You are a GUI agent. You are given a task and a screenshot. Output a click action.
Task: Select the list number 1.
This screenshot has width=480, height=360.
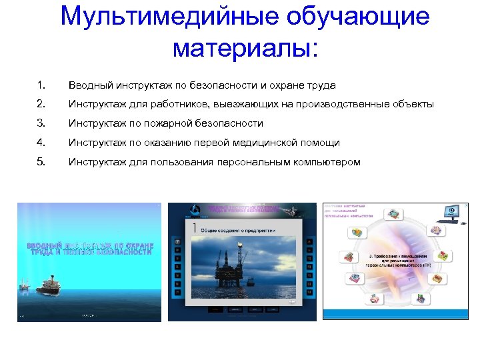tap(41, 85)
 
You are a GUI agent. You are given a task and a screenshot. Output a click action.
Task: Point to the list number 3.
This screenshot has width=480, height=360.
tap(41, 123)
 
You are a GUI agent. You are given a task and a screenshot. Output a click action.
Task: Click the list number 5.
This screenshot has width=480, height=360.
tap(41, 161)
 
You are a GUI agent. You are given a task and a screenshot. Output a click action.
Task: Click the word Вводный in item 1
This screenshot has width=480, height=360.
tap(89, 85)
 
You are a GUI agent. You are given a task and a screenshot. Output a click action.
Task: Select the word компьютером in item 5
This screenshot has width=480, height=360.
tap(326, 161)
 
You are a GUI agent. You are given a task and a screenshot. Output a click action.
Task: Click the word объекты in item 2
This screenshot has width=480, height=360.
tap(413, 104)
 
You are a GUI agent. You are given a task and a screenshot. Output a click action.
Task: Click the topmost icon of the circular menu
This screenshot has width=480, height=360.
tap(393, 214)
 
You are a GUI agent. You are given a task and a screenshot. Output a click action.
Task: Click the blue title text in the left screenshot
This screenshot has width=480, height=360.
tap(89, 248)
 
